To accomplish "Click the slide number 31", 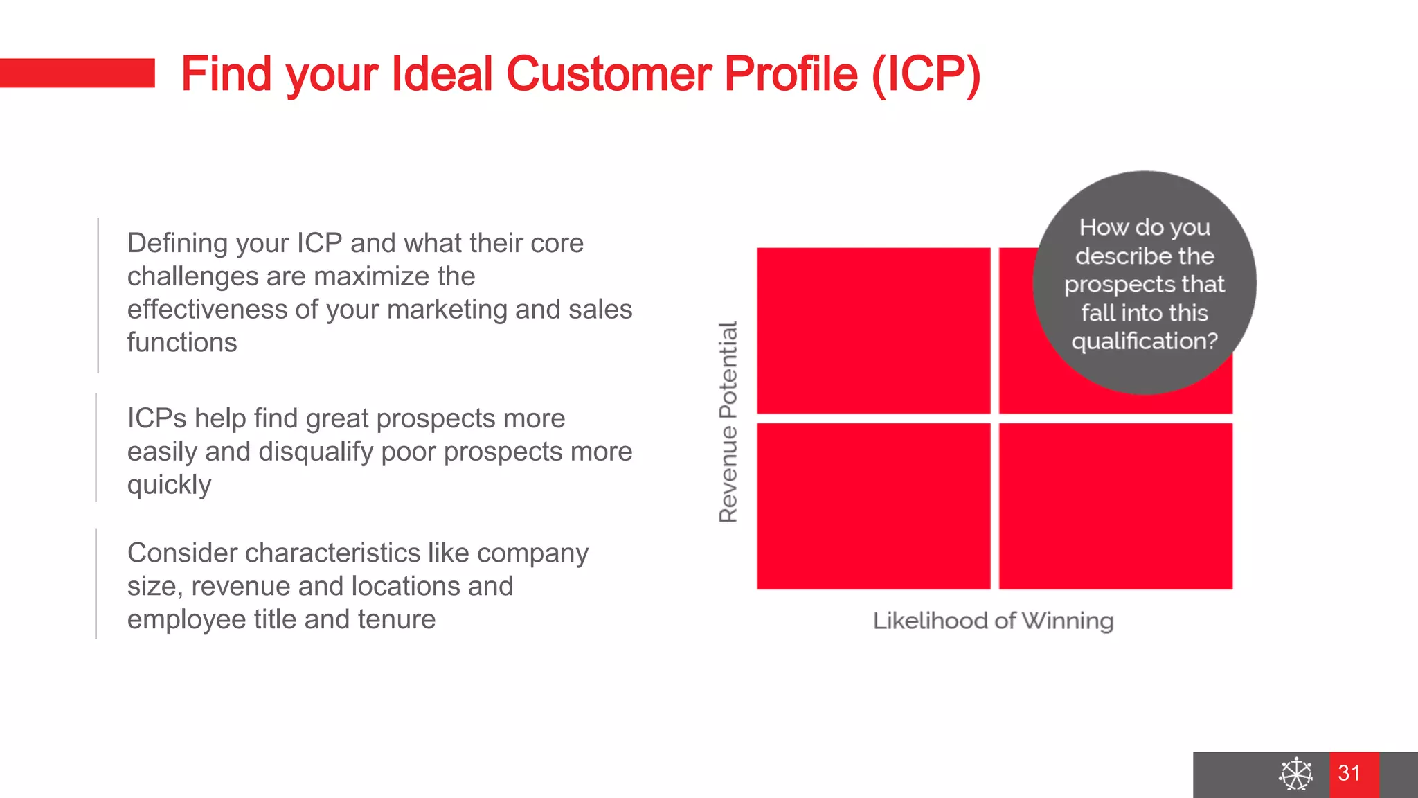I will [x=1349, y=773].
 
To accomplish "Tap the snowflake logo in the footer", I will [x=1295, y=774].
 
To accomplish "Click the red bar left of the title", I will [x=77, y=73].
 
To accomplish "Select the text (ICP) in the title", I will [x=926, y=74].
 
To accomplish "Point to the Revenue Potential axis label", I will [x=728, y=421].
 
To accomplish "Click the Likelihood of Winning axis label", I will [x=993, y=621].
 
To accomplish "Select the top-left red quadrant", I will [x=873, y=330].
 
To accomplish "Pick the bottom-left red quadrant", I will [x=873, y=506].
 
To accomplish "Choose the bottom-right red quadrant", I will [x=1115, y=506].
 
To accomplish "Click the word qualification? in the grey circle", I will [x=1144, y=342].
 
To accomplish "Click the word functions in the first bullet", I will [x=182, y=342].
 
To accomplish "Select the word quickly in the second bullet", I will [x=169, y=485].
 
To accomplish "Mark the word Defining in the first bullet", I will [x=177, y=243].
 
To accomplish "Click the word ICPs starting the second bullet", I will [x=156, y=418].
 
